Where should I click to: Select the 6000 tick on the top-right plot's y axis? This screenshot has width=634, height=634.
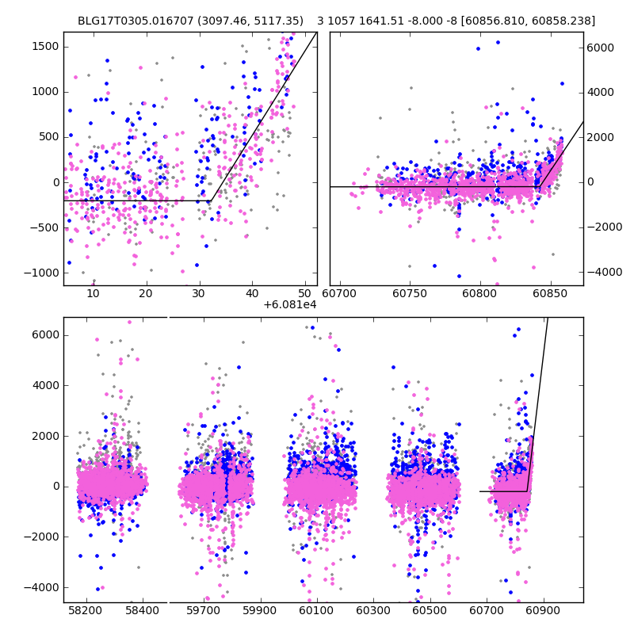coord(601,48)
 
